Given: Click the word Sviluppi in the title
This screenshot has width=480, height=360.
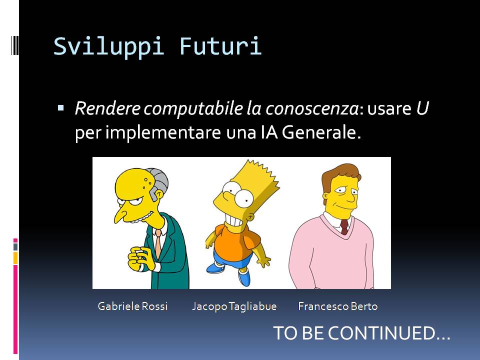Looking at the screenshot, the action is (108, 46).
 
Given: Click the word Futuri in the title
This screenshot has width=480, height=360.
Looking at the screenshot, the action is (220, 46).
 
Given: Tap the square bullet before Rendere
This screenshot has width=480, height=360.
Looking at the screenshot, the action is (60, 108).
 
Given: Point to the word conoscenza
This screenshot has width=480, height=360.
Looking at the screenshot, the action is (312, 109).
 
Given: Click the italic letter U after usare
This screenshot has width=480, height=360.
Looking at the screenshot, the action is (422, 108).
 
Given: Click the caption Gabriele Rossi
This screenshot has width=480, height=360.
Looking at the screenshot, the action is (132, 306).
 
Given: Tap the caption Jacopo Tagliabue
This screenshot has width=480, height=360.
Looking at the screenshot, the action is (234, 306).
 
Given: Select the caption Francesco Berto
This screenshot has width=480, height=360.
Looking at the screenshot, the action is (338, 306).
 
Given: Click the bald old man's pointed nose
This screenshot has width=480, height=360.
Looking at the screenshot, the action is (120, 215).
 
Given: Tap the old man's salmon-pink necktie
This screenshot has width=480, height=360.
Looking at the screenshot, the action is (158, 243).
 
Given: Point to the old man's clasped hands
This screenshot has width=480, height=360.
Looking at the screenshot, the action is (140, 258).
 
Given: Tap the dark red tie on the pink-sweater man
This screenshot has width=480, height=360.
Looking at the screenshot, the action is (344, 227).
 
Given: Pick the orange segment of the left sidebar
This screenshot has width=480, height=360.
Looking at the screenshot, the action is (15, 258).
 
